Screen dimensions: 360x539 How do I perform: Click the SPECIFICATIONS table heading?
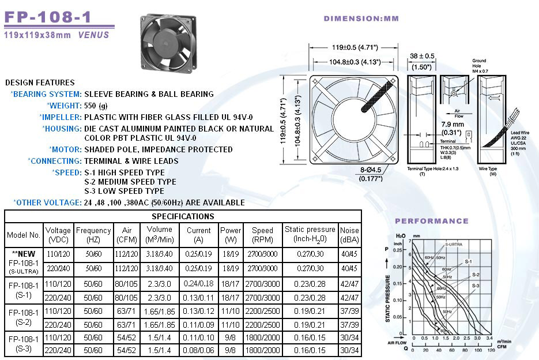coord(183,216)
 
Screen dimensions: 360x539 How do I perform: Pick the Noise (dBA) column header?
coord(349,234)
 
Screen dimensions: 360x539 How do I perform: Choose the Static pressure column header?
coord(310,234)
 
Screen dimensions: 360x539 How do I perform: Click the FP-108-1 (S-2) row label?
coord(24,317)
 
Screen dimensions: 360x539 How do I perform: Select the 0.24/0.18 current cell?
coord(199,283)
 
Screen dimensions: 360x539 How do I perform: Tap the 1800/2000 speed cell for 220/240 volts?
coord(262,350)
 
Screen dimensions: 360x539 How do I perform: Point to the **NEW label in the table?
coord(24,253)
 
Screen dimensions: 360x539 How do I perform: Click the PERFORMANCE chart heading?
coord(431,221)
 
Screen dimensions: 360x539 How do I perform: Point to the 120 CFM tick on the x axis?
coord(491,350)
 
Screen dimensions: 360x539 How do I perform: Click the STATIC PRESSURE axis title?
coord(396,298)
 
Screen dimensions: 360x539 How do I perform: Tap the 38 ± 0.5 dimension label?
coord(422,56)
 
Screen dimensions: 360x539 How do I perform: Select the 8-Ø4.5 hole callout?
coord(371,170)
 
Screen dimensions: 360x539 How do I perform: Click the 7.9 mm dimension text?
coord(453,124)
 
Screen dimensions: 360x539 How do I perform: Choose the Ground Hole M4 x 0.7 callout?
coord(479,66)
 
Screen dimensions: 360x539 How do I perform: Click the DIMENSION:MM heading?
coord(361,18)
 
